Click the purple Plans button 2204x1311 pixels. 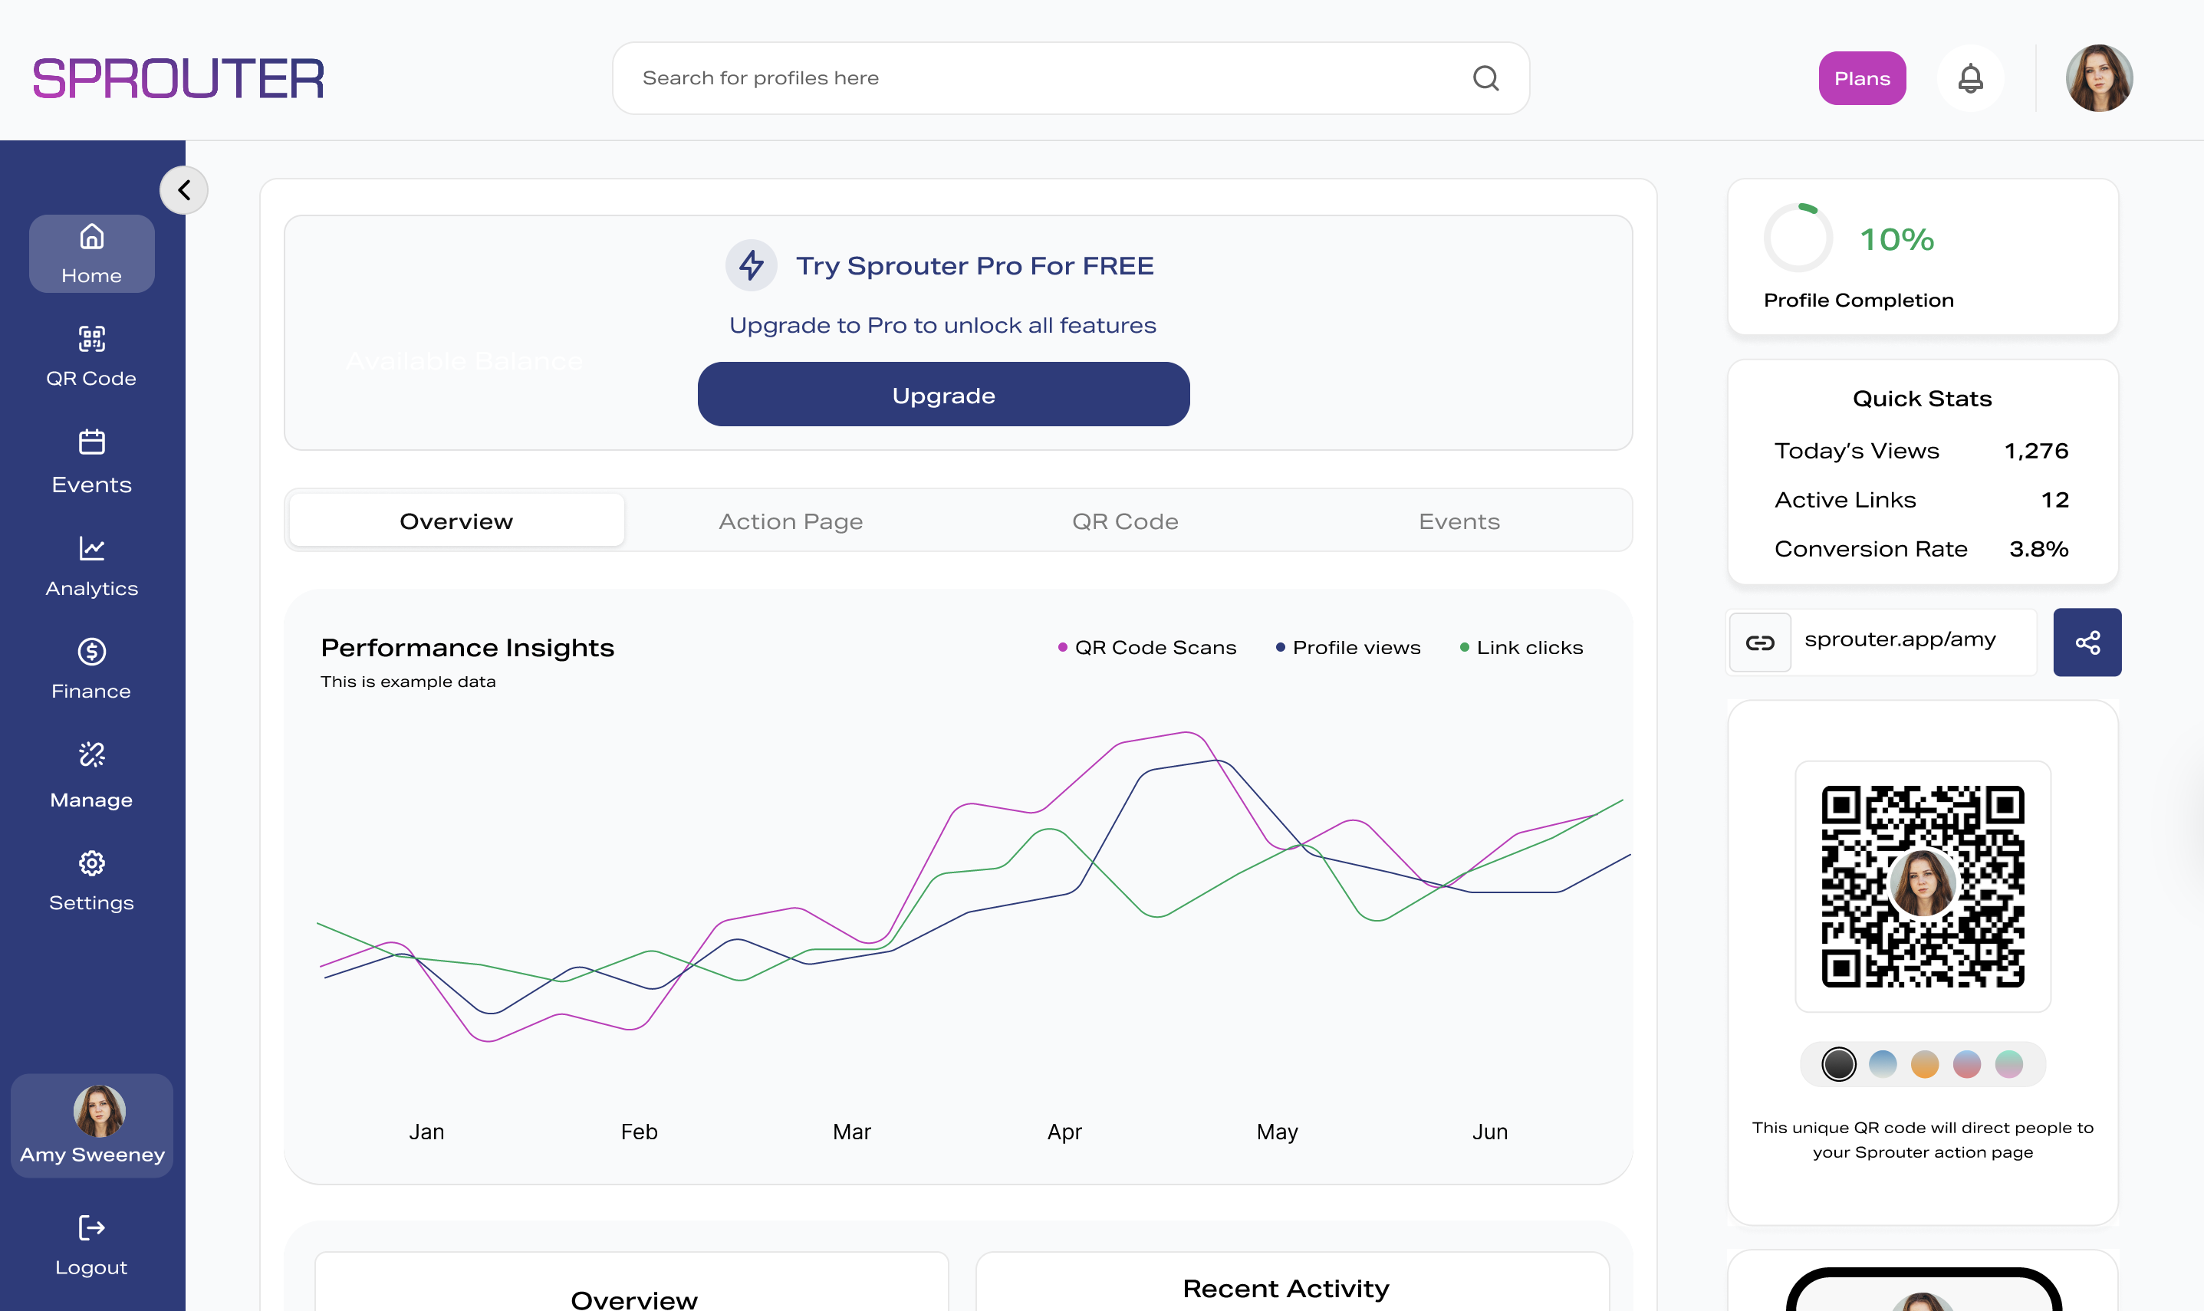(x=1861, y=79)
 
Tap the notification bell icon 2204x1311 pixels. (x=1970, y=79)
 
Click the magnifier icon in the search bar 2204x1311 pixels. (x=1486, y=79)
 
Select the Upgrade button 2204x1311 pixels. (x=942, y=395)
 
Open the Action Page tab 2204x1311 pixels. (x=791, y=521)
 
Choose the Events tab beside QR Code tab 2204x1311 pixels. (x=1459, y=521)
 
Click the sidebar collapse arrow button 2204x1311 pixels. (x=184, y=190)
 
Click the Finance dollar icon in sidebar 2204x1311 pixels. (x=91, y=652)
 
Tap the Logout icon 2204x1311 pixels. (x=91, y=1228)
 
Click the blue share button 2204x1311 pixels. (x=2087, y=642)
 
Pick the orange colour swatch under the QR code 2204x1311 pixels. (x=1924, y=1063)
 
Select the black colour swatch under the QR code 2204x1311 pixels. (x=1838, y=1063)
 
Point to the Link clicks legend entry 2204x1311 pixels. (x=1521, y=648)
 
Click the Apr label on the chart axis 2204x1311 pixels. (x=1064, y=1132)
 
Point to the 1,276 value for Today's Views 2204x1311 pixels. (x=2035, y=451)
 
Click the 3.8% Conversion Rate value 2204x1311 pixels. (x=2038, y=549)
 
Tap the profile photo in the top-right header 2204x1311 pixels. (x=2099, y=79)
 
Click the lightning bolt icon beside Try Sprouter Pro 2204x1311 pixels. (x=751, y=265)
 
